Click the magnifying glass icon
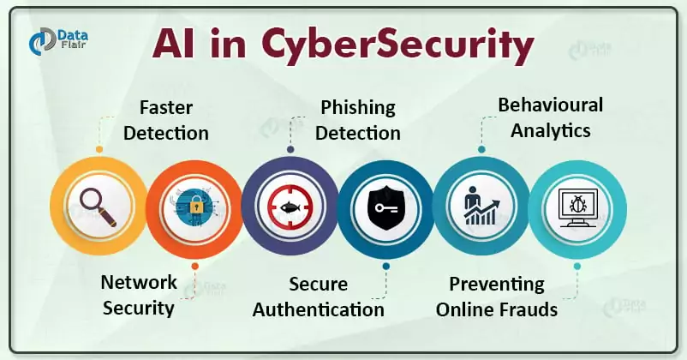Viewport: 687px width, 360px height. tap(99, 207)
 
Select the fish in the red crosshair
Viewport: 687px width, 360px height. tap(290, 207)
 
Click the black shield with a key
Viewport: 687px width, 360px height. tap(385, 207)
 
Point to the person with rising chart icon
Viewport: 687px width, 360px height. tap(481, 206)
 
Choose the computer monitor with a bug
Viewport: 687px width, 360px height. tap(578, 207)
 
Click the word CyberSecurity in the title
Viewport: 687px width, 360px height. tap(397, 45)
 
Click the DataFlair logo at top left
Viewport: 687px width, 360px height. tap(58, 40)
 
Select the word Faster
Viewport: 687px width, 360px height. tap(166, 107)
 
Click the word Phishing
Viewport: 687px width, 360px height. tap(358, 108)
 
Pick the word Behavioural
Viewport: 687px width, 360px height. tap(550, 105)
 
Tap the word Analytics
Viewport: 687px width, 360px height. tap(550, 130)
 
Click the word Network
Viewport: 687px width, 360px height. tap(139, 282)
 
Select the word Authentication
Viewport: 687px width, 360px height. tap(319, 309)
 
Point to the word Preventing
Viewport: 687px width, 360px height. tap(497, 285)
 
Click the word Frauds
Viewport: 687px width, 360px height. tap(529, 309)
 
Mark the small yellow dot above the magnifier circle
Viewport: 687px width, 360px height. tap(99, 149)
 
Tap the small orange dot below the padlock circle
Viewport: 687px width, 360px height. tap(195, 266)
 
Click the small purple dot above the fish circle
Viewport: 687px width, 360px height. tap(290, 149)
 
